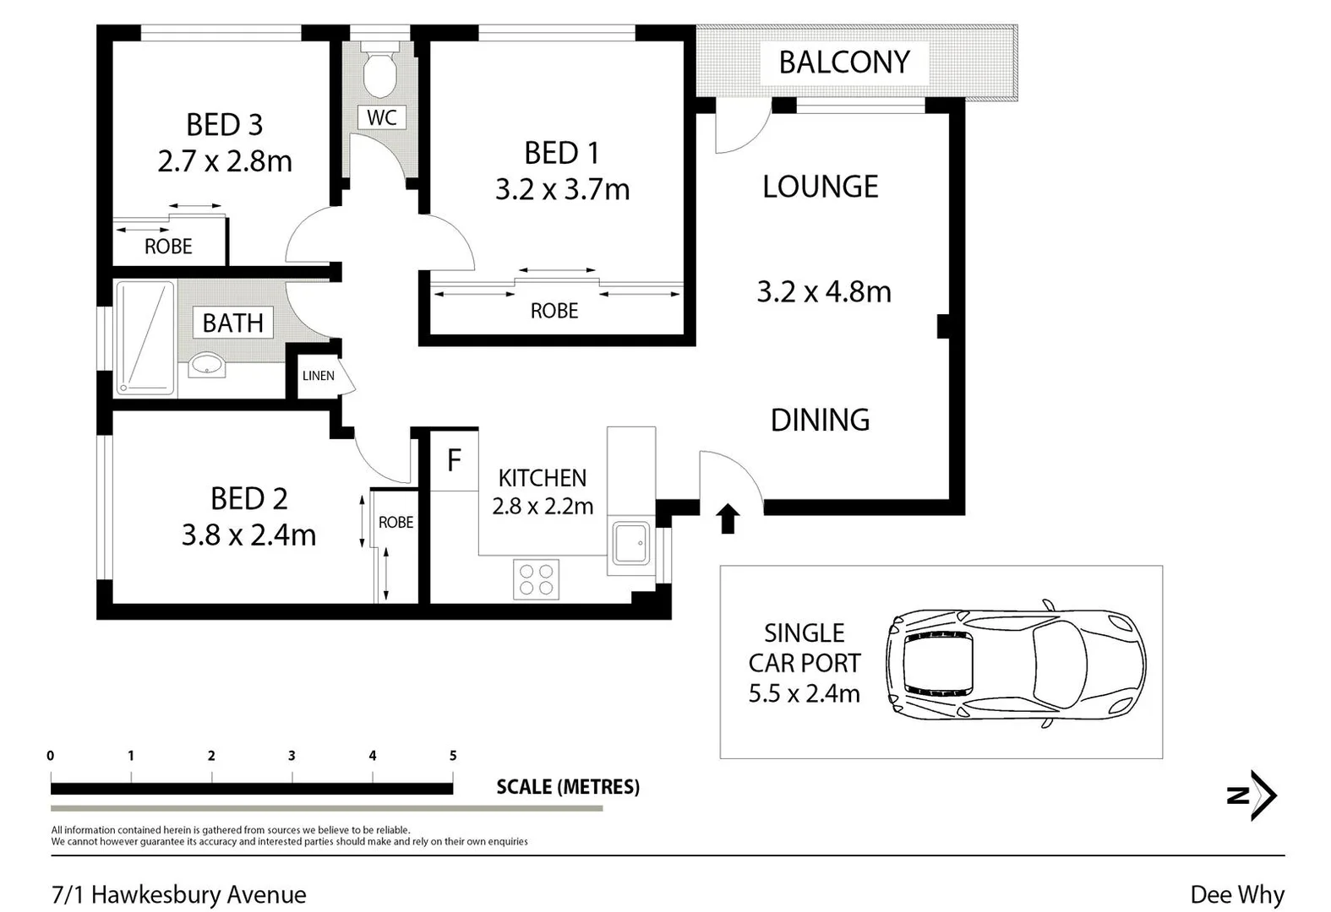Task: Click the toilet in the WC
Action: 380,69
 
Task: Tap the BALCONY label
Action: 844,62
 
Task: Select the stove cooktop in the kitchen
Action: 536,579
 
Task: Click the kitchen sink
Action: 631,542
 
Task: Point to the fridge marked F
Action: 454,460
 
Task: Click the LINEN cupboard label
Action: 319,376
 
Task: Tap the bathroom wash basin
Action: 207,364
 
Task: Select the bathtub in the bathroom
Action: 145,339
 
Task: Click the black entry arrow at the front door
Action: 728,519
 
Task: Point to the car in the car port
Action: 1016,663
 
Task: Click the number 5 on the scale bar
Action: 453,756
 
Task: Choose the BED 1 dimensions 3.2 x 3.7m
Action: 562,190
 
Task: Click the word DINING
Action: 820,421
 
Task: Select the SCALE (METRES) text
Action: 568,787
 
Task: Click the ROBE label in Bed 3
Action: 168,247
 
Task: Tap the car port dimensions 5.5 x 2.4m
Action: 804,693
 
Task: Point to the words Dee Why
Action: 1238,895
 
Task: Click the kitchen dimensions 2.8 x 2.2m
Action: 543,507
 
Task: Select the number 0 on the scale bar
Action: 51,756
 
